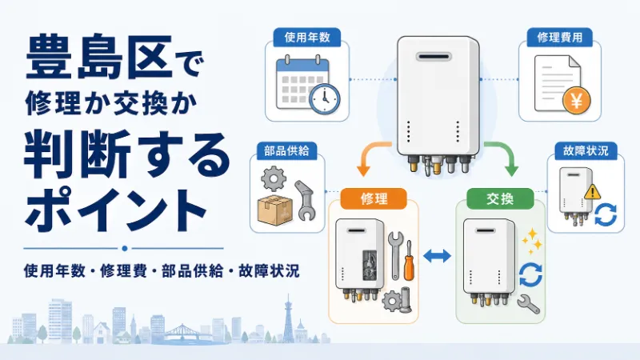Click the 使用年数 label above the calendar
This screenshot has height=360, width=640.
pyautogui.click(x=307, y=38)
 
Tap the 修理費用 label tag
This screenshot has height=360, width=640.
pyautogui.click(x=559, y=38)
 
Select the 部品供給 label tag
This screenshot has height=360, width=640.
pyautogui.click(x=286, y=150)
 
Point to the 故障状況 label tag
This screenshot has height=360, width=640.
pyautogui.click(x=586, y=150)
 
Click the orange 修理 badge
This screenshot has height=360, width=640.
pyautogui.click(x=374, y=198)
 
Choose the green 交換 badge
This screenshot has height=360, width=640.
pyautogui.click(x=500, y=198)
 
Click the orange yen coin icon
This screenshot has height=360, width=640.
pyautogui.click(x=576, y=101)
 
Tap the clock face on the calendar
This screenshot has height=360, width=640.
pyautogui.click(x=325, y=98)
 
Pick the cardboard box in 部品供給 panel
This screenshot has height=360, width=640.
pyautogui.click(x=275, y=210)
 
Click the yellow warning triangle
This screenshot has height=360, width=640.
pyautogui.click(x=592, y=192)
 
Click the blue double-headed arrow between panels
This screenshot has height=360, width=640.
pyautogui.click(x=437, y=256)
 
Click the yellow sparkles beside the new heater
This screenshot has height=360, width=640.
pyautogui.click(x=532, y=241)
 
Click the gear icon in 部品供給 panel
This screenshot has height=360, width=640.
pyautogui.click(x=274, y=178)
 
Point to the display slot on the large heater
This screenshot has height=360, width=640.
pyautogui.click(x=434, y=56)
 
